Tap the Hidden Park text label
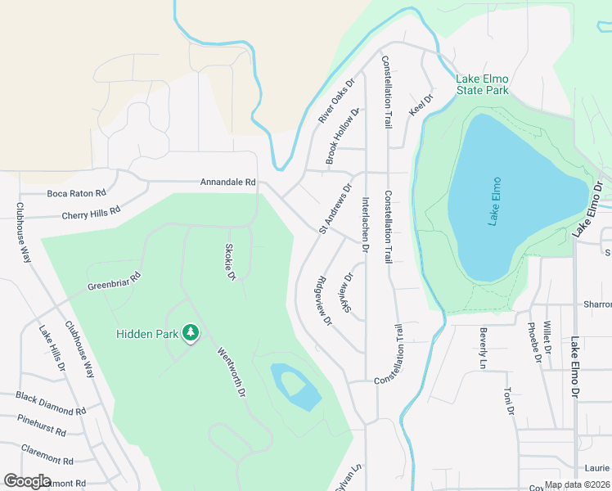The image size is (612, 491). pos(147,333)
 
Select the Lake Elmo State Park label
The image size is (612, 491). pos(483,84)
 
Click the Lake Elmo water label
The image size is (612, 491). pos(493,202)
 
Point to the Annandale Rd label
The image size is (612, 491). pos(228,182)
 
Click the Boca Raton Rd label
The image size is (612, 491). pos(77,194)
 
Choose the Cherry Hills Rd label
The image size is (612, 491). pos(91,213)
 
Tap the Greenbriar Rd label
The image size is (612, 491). pos(115,282)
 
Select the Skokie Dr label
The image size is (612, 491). pos(231,262)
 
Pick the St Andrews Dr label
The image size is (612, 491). pos(335,208)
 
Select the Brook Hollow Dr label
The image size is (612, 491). pos(342,137)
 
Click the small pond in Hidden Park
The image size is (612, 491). pos(296,387)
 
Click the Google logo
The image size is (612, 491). pos(28,481)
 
